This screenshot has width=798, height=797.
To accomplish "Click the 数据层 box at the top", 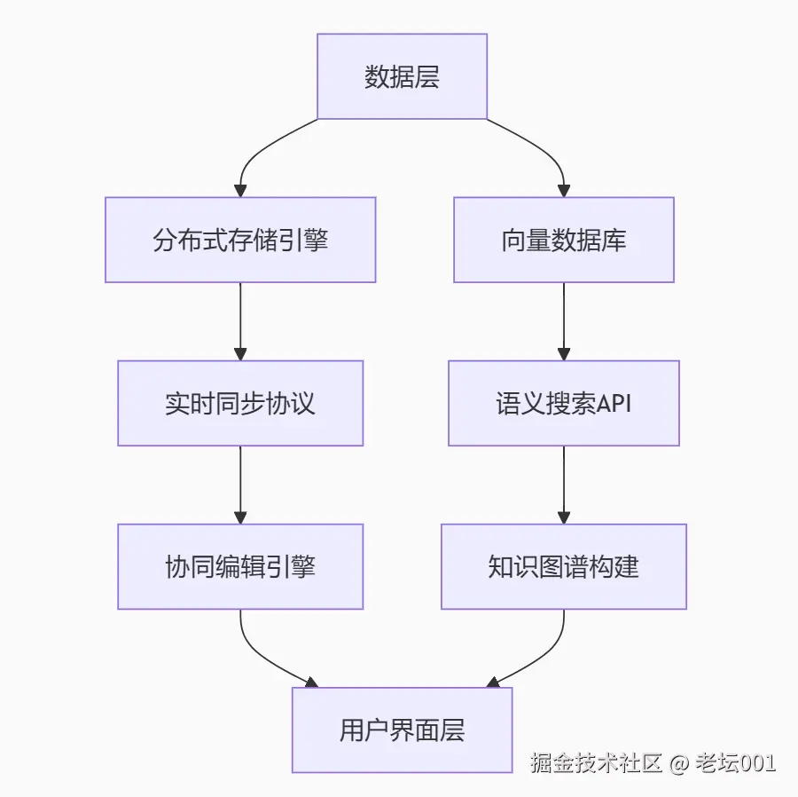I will [x=402, y=76].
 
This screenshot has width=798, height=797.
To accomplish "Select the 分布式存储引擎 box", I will [x=240, y=240].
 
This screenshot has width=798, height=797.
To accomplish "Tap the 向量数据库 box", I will [x=563, y=240].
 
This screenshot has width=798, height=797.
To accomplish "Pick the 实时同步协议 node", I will [x=240, y=403].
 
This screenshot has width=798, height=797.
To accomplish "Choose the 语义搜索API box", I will [x=563, y=403].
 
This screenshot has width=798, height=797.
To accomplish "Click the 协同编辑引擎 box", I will [x=240, y=566].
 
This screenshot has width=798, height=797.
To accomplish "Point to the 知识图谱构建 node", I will [x=563, y=566].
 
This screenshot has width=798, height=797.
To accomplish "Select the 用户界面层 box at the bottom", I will [x=402, y=730].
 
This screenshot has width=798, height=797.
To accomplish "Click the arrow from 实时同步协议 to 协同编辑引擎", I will [x=240, y=485].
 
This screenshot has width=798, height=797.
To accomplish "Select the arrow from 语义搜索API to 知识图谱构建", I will [x=563, y=485].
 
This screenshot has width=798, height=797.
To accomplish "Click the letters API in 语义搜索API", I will [x=614, y=404].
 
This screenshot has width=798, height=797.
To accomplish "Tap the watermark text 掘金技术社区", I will [x=597, y=762].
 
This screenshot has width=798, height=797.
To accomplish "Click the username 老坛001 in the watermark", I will [x=736, y=762].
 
